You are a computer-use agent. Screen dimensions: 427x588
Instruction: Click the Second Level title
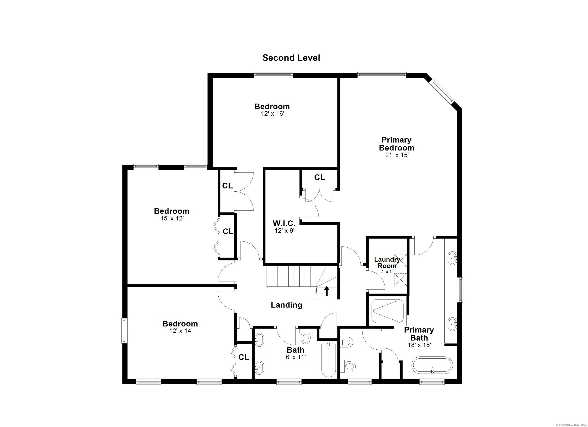(291, 58)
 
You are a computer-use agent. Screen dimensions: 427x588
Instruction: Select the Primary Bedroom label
(396, 144)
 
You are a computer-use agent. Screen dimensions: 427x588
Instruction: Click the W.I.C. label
(284, 223)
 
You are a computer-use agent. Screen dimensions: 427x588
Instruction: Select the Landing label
(287, 305)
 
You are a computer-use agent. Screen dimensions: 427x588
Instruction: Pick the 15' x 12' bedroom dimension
(172, 218)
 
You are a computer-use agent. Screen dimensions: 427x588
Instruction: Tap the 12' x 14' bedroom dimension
(181, 331)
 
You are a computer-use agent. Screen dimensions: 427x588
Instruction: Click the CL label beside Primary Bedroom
(319, 177)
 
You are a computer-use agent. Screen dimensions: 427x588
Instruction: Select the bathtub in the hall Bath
(328, 360)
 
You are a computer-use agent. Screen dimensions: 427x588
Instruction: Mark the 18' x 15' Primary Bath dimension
(419, 345)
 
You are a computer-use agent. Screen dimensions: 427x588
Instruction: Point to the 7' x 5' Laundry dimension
(387, 272)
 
